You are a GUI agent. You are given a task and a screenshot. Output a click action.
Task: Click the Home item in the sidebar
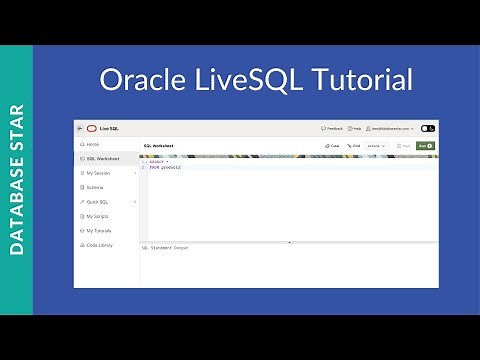click(x=92, y=144)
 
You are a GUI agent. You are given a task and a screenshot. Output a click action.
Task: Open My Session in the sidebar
click(x=99, y=173)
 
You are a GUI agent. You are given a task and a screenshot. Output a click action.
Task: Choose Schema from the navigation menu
click(x=94, y=187)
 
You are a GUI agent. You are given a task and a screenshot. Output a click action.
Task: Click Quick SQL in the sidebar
click(x=98, y=201)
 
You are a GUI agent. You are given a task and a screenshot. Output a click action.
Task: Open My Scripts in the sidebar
click(x=98, y=216)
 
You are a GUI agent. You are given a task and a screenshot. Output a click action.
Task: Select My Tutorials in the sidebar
click(x=100, y=230)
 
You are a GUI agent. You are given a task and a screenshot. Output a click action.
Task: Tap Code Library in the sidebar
click(x=100, y=244)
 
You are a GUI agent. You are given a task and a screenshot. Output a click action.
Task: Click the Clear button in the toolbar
click(x=333, y=146)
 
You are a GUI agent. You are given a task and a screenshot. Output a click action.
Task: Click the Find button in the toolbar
click(x=353, y=146)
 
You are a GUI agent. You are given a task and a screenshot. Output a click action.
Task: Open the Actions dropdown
click(x=377, y=146)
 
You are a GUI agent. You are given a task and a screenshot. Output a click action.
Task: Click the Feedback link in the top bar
click(x=332, y=128)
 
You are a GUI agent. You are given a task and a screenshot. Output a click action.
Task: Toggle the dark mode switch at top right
click(x=428, y=128)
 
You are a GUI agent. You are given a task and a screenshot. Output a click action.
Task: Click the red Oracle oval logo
click(x=91, y=128)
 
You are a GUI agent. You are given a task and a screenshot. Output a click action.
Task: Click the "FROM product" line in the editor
click(x=166, y=167)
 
